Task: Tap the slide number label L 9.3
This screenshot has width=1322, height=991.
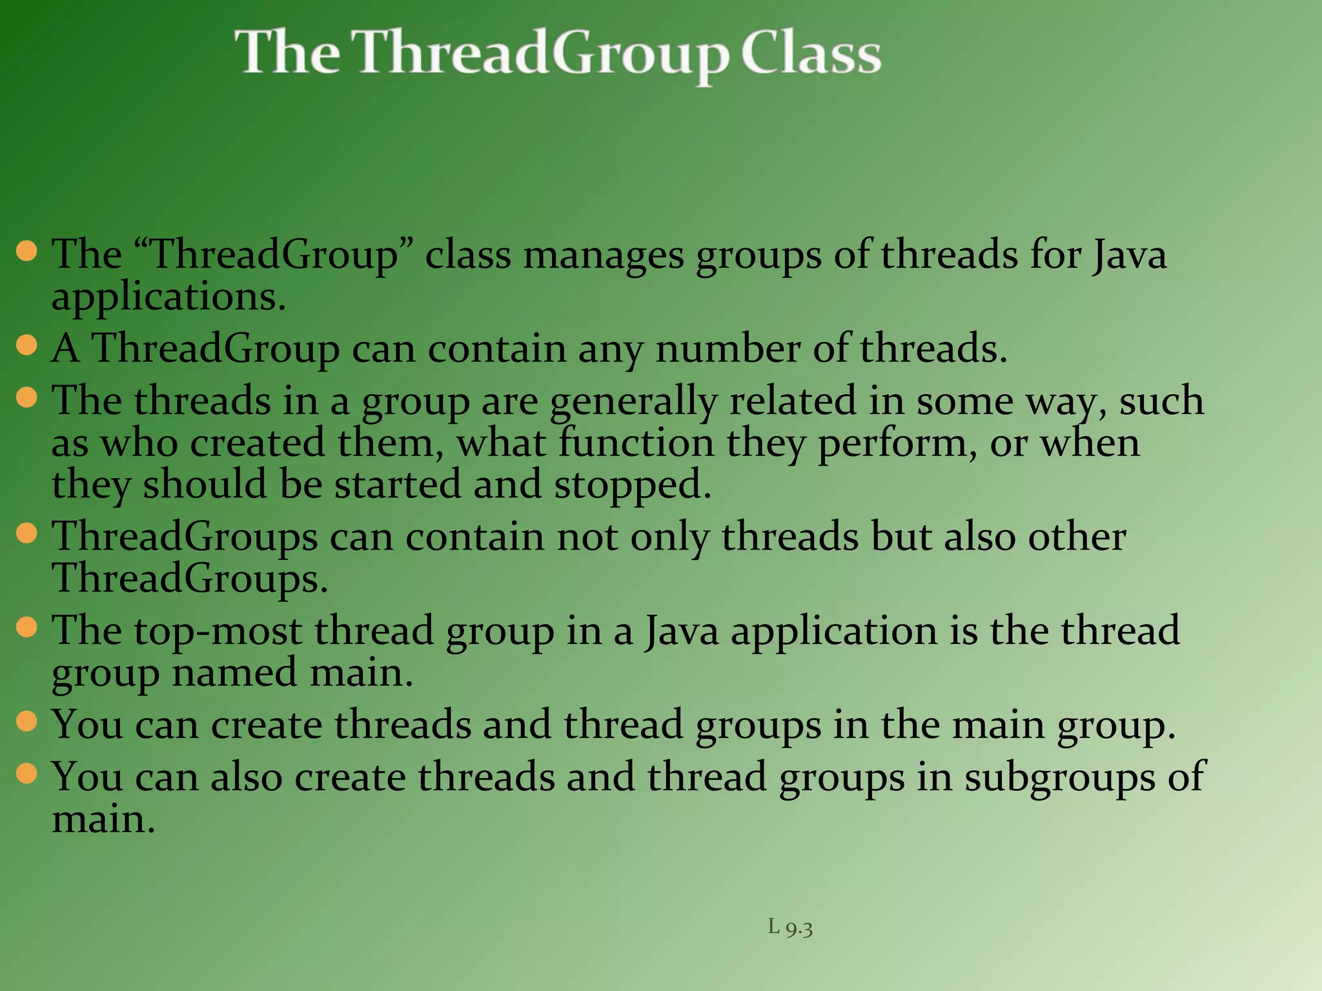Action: coord(790,928)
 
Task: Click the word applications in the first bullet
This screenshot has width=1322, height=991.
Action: coord(168,298)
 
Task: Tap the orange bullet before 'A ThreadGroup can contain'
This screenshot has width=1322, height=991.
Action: coord(26,346)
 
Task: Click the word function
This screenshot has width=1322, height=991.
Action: coord(636,443)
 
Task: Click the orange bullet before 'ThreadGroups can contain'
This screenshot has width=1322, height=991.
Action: coord(26,534)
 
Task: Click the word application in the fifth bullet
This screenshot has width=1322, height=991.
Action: coord(833,631)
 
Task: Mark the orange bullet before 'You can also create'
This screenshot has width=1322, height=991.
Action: coord(26,773)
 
